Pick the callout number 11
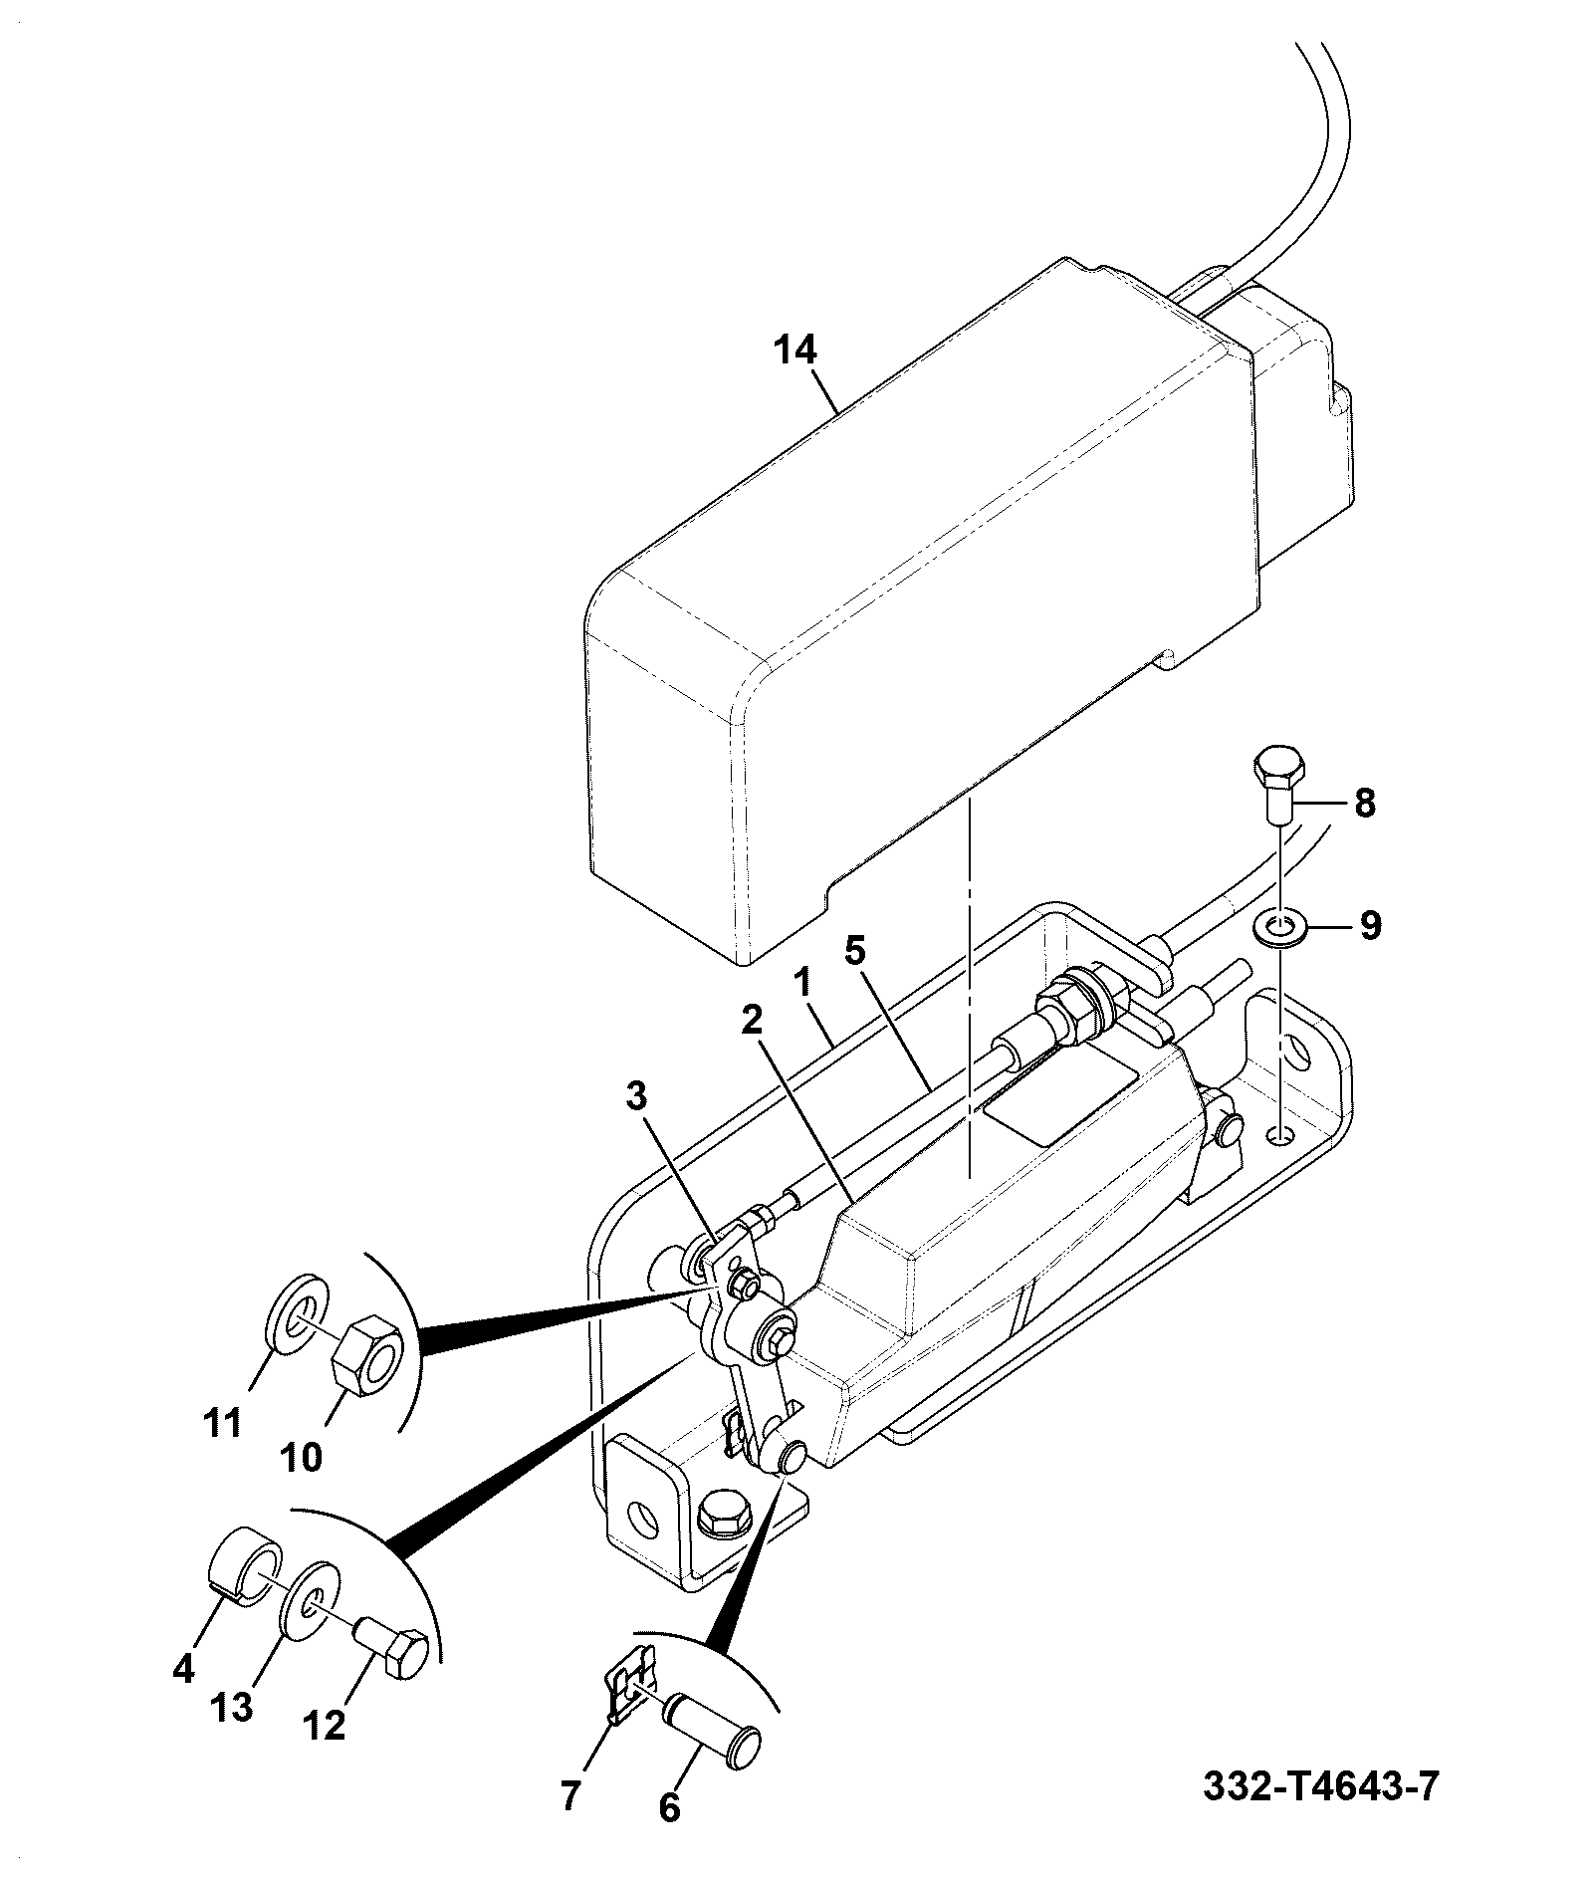point(222,1424)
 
